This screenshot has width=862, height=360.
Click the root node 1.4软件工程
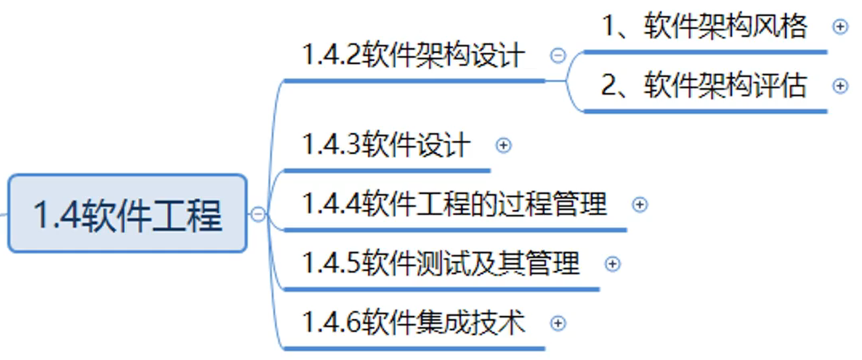[x=127, y=214]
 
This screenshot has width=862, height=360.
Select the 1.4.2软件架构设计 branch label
[x=414, y=55]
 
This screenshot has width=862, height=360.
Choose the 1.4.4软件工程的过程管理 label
[x=455, y=204]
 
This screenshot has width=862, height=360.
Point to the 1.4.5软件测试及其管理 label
[x=440, y=263]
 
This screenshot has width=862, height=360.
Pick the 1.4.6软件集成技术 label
[x=414, y=322]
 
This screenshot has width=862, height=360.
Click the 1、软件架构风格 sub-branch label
[x=705, y=26]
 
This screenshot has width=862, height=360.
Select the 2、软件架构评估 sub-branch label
[x=705, y=85]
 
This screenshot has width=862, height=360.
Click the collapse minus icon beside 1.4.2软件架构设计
[x=558, y=55]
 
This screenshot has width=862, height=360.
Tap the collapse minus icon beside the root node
[x=257, y=214]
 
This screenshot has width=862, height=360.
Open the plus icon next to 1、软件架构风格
[x=840, y=26]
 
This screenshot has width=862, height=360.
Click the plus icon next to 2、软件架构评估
[x=840, y=85]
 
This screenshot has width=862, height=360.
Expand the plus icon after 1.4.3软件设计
[x=504, y=145]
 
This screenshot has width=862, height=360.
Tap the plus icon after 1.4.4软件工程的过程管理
[x=639, y=204]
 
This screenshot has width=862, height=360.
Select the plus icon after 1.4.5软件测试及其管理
[x=612, y=264]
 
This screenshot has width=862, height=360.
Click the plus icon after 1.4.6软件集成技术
[x=558, y=323]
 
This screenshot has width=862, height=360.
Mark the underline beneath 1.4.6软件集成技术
[x=414, y=348]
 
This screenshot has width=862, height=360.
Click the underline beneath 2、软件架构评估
[x=705, y=111]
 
